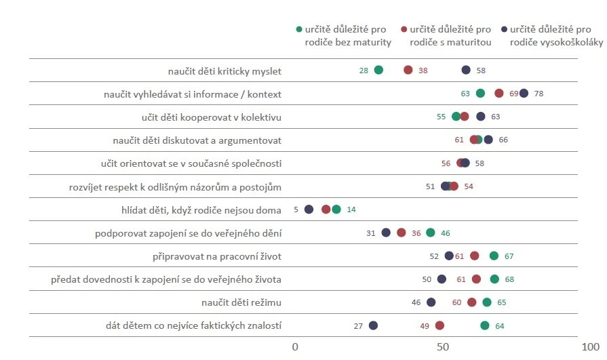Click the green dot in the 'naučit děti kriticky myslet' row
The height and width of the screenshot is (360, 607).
378,70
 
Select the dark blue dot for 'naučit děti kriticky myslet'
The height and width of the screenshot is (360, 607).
466,70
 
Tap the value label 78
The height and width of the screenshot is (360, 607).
539,94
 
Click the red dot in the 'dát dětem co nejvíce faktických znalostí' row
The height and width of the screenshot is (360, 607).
439,325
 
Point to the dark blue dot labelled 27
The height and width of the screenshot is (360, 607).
373,325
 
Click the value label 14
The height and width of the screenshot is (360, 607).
351,209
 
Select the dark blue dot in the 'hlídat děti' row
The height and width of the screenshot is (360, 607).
309,209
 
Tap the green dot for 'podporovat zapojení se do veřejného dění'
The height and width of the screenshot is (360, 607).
431,233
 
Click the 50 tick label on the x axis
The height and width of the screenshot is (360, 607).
443,347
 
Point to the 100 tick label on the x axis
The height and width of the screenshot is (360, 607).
590,347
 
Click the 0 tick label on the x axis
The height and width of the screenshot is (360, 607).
295,347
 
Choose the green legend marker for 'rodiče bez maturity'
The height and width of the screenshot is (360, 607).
299,29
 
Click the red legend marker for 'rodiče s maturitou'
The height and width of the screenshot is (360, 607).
404,29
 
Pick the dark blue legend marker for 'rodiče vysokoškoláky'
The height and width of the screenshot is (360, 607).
504,29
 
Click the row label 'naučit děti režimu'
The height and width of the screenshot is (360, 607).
241,302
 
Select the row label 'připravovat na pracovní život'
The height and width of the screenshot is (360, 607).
217,257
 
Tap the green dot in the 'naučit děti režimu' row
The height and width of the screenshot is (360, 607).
487,302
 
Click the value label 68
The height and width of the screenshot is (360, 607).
509,279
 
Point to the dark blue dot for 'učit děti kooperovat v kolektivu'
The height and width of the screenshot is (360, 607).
481,117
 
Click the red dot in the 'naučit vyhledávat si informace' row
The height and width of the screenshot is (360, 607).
499,94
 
